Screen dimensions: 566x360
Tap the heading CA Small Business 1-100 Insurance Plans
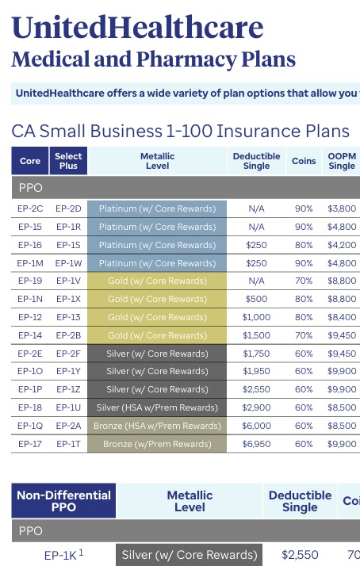[180, 131]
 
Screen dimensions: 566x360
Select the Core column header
[30, 162]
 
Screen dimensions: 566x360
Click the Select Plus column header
[68, 162]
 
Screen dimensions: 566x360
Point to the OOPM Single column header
[342, 162]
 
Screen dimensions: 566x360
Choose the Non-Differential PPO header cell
[63, 502]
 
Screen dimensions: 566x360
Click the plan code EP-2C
[30, 208]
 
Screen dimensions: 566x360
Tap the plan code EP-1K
[61, 554]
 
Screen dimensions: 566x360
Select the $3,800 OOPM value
[342, 208]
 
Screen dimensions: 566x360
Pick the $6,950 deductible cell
[255, 443]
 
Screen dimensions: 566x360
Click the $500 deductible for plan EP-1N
[255, 299]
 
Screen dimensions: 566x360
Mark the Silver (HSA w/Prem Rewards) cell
[157, 407]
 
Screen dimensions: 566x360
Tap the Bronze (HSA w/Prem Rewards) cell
[157, 426]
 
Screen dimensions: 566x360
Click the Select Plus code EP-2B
[68, 335]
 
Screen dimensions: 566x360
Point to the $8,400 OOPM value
[342, 317]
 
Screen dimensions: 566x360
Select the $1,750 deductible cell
[255, 353]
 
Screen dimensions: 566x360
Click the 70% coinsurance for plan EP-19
[304, 281]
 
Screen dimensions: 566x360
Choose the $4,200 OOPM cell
[342, 245]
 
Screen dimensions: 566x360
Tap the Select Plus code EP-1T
[68, 443]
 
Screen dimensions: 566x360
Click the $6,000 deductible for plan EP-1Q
[255, 426]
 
